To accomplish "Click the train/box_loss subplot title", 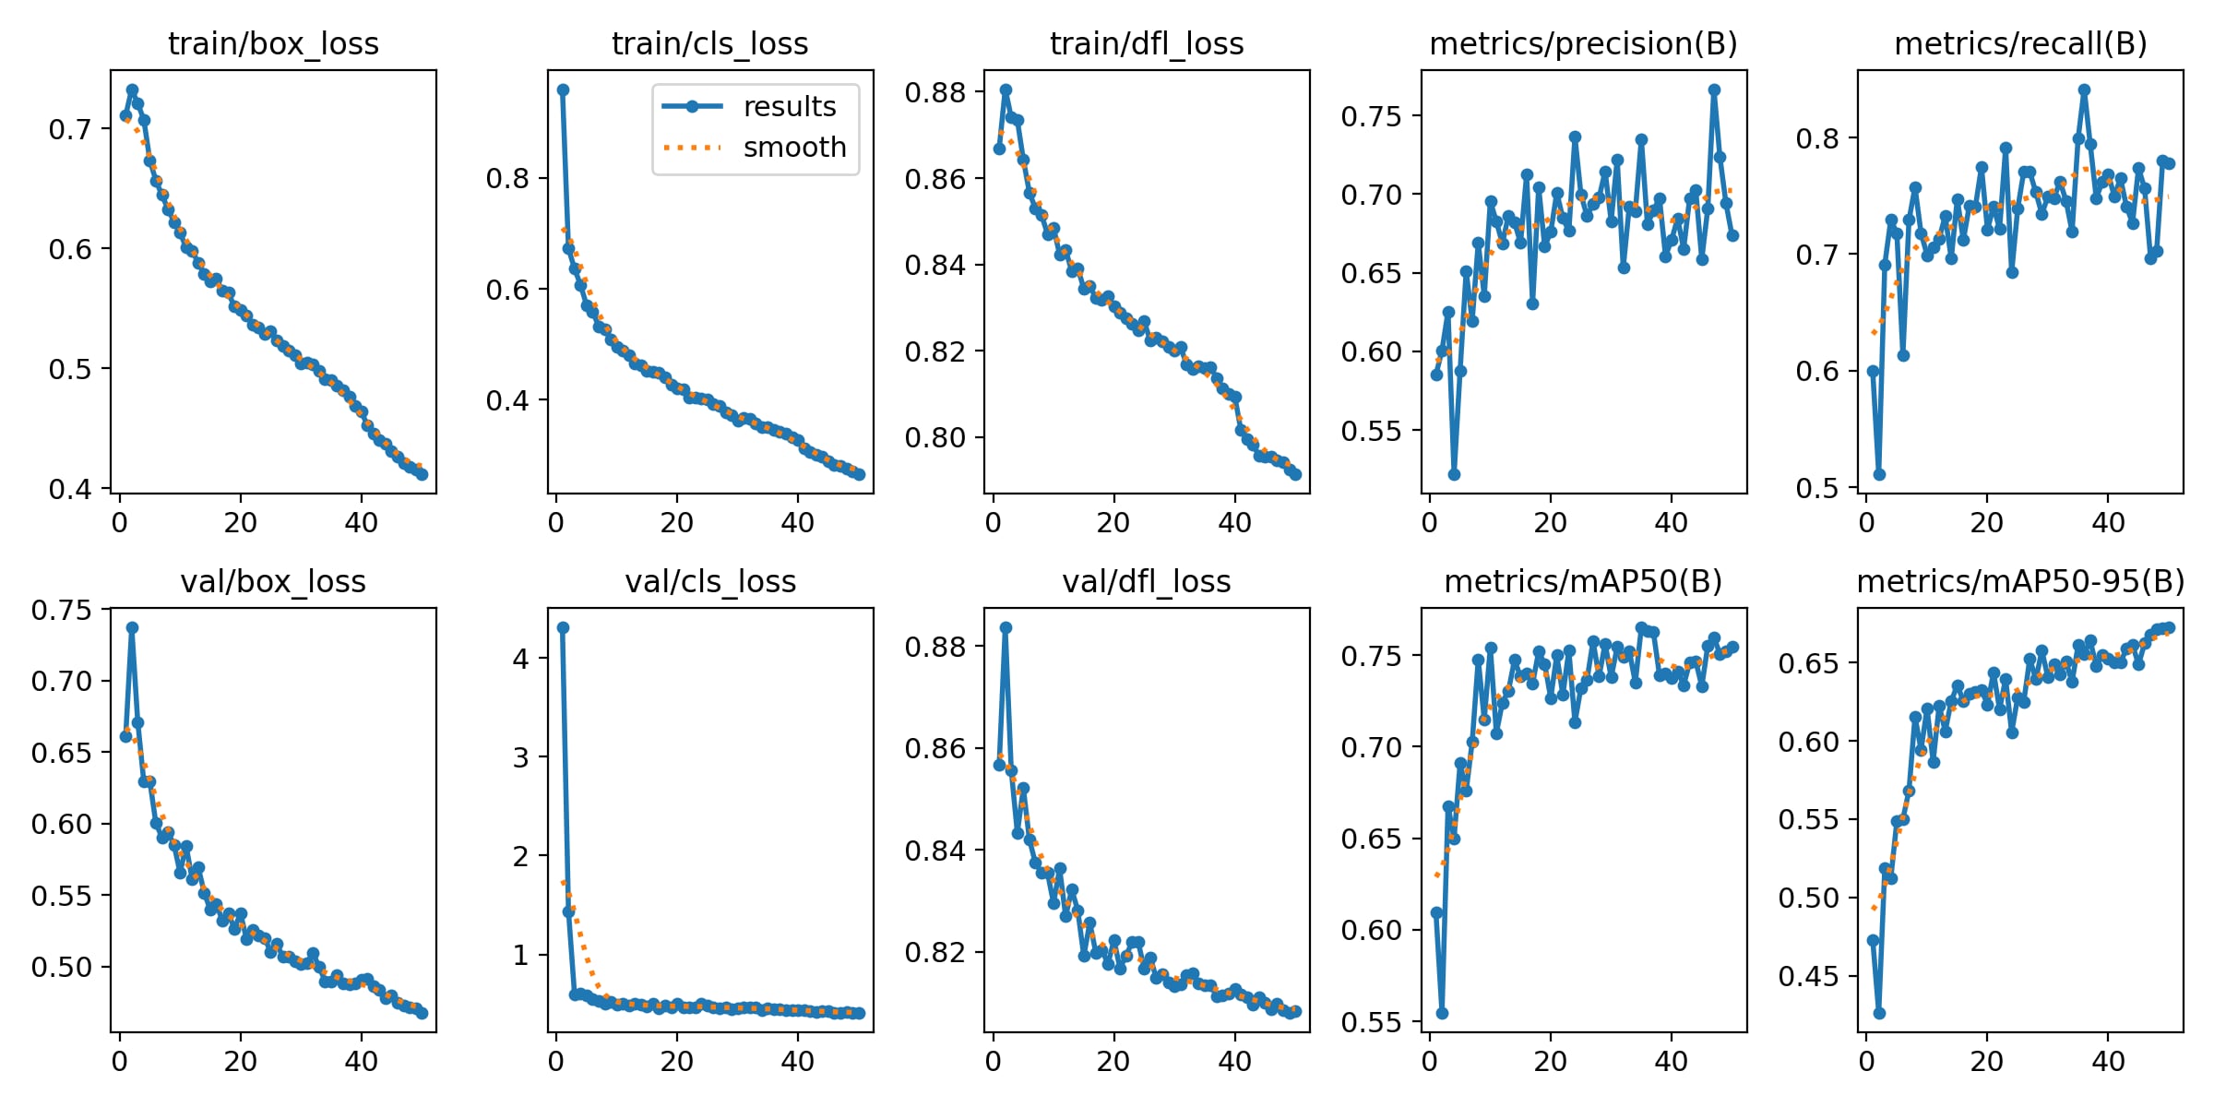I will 273,43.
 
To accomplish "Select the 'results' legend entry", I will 789,107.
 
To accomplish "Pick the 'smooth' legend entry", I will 794,148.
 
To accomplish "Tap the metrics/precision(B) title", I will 1583,43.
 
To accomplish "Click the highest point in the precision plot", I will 1714,90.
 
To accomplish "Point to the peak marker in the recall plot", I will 2084,90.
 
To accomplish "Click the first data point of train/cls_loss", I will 563,90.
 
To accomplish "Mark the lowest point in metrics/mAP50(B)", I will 1442,1013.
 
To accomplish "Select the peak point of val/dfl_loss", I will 1006,627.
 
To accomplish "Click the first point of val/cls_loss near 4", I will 563,627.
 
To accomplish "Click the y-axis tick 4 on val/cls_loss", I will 521,658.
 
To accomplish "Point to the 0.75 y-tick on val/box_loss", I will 62,610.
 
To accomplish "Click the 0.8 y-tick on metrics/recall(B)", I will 1817,138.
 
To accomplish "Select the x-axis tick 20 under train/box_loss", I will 240,523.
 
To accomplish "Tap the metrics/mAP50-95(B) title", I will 2020,581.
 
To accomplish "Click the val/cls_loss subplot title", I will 710,581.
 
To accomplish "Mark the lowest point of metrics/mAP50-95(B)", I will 1879,1013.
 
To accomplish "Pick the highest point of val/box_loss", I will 132,627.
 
